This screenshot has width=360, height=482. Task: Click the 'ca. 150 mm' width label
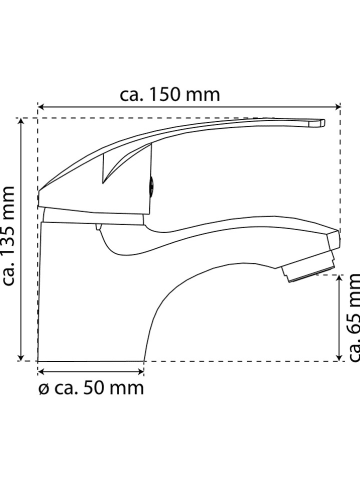(x=170, y=95)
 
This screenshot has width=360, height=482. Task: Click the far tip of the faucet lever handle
(x=323, y=123)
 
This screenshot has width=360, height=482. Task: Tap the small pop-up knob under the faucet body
(x=99, y=229)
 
